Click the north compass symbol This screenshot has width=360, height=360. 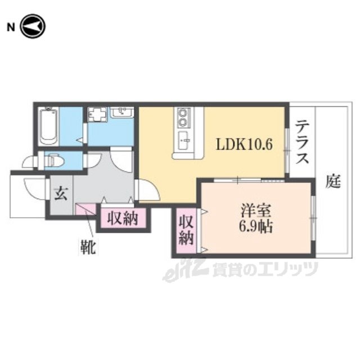(x=33, y=26)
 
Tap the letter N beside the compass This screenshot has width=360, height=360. (x=11, y=28)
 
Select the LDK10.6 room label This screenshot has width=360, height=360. (x=244, y=145)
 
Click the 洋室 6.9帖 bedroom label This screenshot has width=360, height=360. (x=256, y=219)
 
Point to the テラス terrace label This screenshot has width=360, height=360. (x=302, y=142)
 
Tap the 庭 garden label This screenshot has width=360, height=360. (x=333, y=181)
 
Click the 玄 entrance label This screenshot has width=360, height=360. (x=61, y=193)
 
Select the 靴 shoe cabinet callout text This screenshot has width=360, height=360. (x=88, y=247)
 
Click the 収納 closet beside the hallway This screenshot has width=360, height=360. (x=123, y=218)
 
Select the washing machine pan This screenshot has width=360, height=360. (x=97, y=115)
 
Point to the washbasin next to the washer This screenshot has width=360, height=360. (x=122, y=112)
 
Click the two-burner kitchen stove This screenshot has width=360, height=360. (x=183, y=118)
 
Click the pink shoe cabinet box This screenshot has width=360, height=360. (x=85, y=209)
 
